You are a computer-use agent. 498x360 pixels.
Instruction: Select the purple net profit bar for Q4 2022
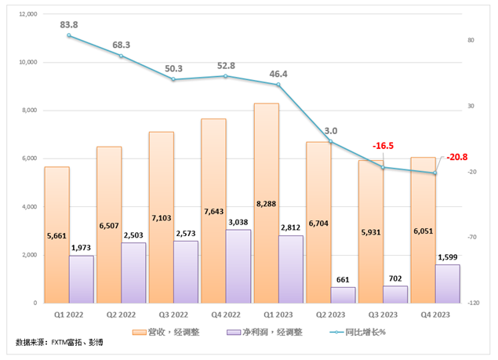(x=238, y=267)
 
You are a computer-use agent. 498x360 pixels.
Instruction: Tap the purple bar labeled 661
(x=343, y=294)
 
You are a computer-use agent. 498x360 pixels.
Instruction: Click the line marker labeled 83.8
(x=69, y=36)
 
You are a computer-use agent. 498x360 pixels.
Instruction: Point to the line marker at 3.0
(x=331, y=142)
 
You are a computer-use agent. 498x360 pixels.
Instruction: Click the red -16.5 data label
(x=383, y=146)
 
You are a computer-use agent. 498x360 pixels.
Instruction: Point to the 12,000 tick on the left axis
(x=28, y=14)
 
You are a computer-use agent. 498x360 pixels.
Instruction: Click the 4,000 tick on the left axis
(x=31, y=207)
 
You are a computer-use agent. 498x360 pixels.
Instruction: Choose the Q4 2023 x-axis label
(x=435, y=315)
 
